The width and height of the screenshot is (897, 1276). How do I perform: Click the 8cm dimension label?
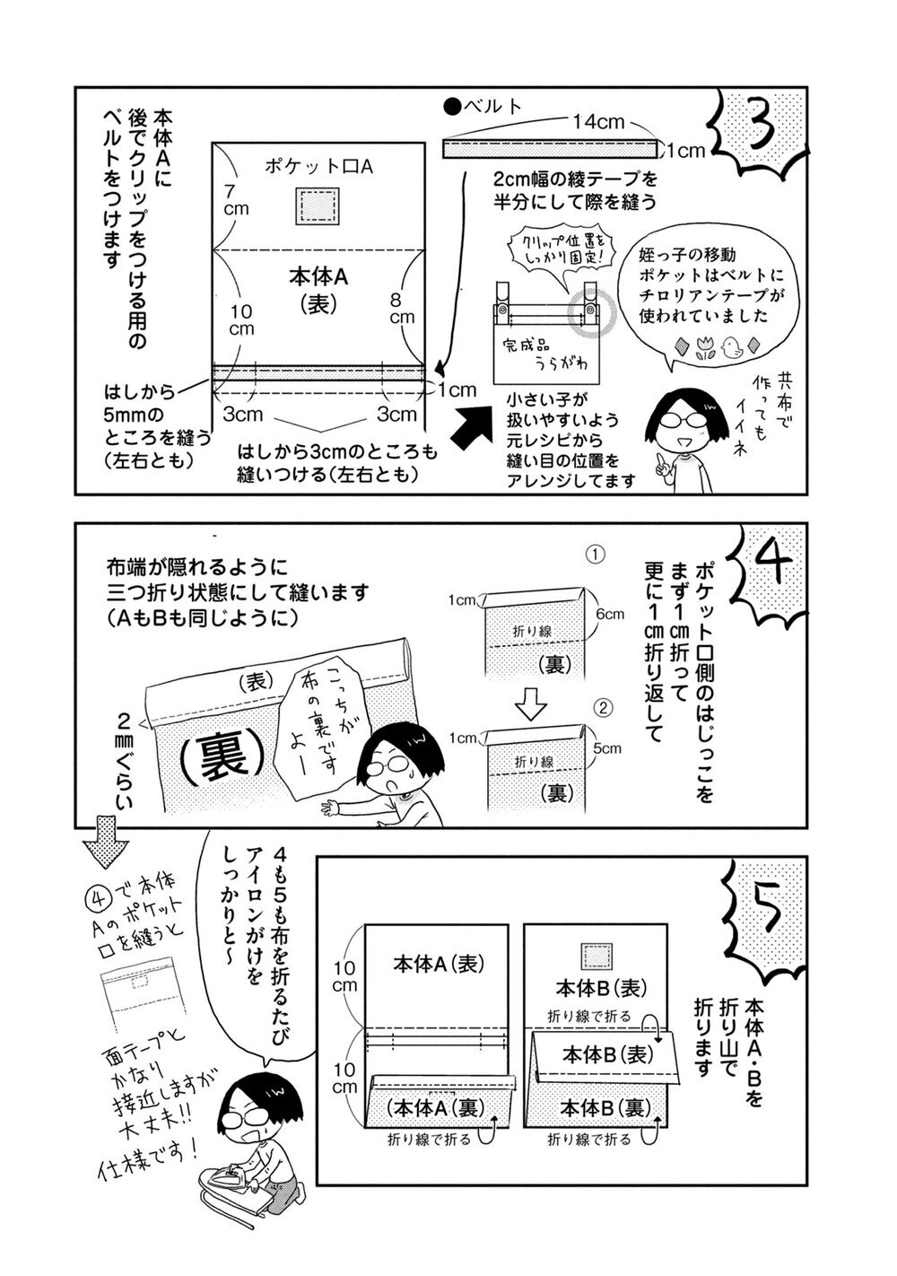click(401, 309)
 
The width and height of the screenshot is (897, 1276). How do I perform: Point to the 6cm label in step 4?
click(609, 614)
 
